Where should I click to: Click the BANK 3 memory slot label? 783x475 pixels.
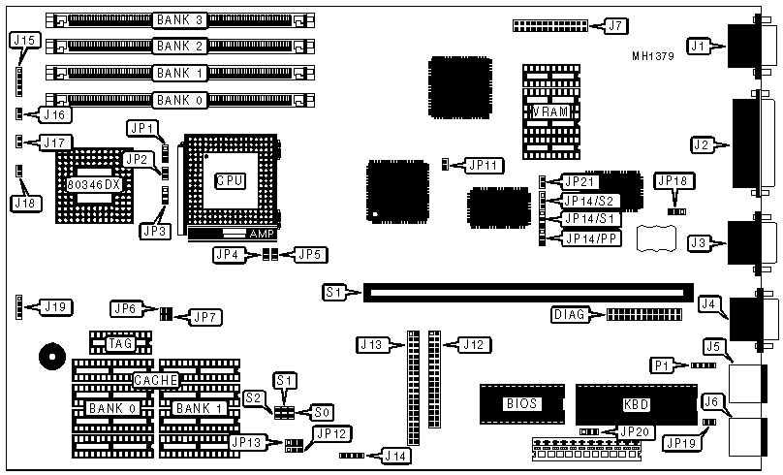coord(180,19)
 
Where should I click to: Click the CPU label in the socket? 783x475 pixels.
coord(230,179)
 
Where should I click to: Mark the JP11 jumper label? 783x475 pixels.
coord(481,165)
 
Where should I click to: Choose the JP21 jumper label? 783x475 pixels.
coord(583,181)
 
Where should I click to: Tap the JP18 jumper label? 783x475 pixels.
coord(673,181)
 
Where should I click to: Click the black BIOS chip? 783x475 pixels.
coord(522,402)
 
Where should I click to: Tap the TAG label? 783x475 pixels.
coord(120,342)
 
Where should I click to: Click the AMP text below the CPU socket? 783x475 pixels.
coord(262,234)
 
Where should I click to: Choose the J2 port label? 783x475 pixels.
coord(705,145)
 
